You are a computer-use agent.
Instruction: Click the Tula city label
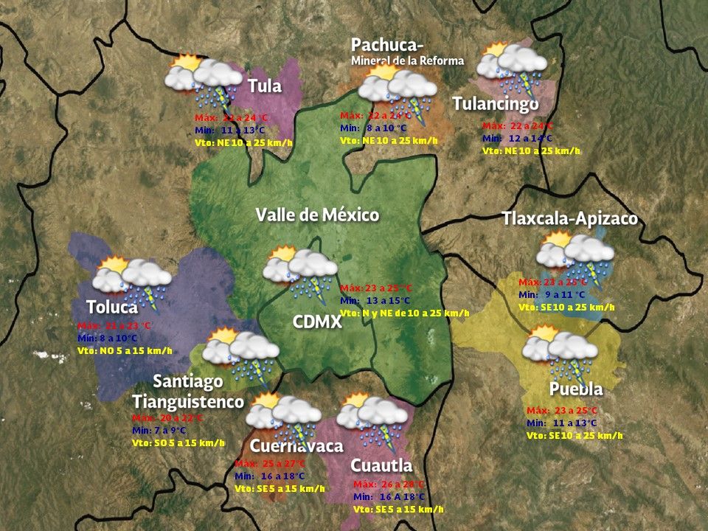tap(265, 86)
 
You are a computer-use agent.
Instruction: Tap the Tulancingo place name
tap(496, 103)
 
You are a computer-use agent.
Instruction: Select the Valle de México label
tap(317, 215)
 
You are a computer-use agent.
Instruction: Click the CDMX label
tap(317, 322)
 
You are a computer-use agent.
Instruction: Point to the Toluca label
tap(111, 307)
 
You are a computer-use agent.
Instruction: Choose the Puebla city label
tap(576, 389)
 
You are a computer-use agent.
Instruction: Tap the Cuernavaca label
tap(296, 446)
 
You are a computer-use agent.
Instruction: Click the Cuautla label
tap(381, 465)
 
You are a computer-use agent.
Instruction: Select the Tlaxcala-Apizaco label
tap(569, 219)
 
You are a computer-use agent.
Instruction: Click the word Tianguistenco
tap(188, 402)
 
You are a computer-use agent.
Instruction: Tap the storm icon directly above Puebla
tap(559, 352)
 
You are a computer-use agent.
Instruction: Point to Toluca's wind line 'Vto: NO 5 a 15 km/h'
tap(125, 350)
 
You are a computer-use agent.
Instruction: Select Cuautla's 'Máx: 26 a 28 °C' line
tap(389, 485)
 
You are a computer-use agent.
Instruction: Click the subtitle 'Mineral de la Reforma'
tap(407, 60)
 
